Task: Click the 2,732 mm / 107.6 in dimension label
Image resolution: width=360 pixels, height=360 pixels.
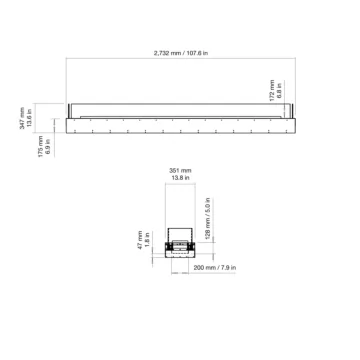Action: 180,52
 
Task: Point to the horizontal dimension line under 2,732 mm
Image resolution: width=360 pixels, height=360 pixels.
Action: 180,59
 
